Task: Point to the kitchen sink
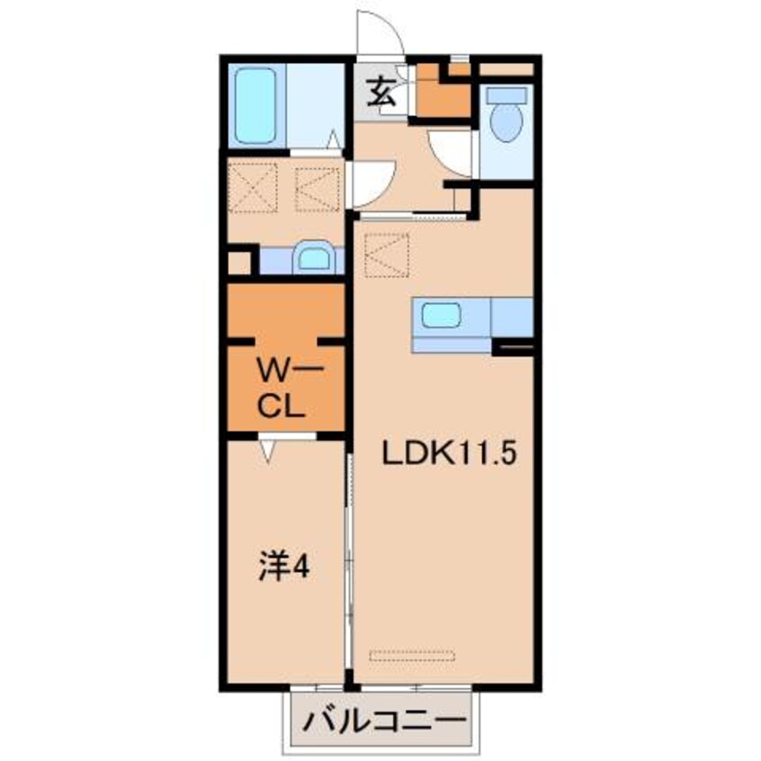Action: pos(441,316)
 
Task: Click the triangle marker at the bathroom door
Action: pos(333,139)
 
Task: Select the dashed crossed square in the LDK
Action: pos(388,255)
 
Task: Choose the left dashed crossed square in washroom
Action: pos(253,189)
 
